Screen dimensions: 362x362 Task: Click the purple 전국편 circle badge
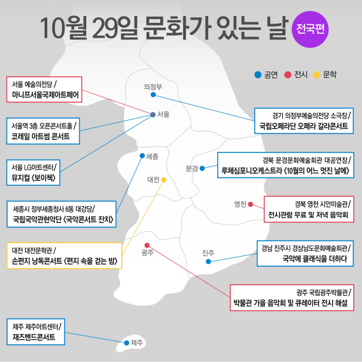(x=310, y=29)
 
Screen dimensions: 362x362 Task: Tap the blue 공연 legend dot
(x=258, y=75)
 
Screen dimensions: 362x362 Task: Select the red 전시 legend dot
(x=288, y=75)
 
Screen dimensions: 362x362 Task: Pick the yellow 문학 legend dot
(x=317, y=75)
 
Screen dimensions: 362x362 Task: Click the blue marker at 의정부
(x=153, y=94)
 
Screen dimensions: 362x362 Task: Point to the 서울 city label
(x=163, y=114)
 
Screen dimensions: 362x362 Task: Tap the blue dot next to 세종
(x=142, y=156)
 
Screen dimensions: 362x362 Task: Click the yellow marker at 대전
(x=163, y=179)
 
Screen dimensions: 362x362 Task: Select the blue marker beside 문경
(x=202, y=169)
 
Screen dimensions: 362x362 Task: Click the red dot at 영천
(x=250, y=204)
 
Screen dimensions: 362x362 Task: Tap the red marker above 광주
(x=147, y=245)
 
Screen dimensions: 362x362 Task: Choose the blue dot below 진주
(x=208, y=262)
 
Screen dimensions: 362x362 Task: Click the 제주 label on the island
(x=137, y=343)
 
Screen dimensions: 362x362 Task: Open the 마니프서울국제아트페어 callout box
(x=44, y=89)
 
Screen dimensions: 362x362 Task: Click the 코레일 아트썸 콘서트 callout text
(x=41, y=137)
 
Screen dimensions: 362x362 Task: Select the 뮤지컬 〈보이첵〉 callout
(x=33, y=172)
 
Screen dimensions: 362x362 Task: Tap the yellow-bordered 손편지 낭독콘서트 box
(x=64, y=255)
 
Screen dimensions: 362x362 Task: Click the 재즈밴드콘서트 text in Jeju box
(x=34, y=337)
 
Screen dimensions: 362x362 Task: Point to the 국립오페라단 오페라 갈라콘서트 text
(x=303, y=126)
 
